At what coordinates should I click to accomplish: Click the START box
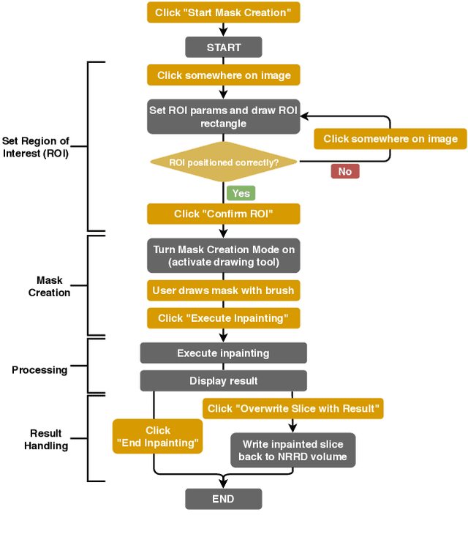click(x=223, y=48)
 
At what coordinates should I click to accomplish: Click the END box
click(x=223, y=499)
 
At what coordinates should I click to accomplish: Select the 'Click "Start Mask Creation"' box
click(x=223, y=12)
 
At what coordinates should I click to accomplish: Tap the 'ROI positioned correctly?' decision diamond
click(x=223, y=162)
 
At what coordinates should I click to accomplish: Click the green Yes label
click(x=241, y=193)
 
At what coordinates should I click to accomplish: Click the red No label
click(x=344, y=171)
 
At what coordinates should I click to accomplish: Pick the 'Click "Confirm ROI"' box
click(x=223, y=214)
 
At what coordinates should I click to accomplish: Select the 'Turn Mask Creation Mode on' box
click(x=223, y=256)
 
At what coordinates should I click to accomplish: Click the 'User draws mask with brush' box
click(x=223, y=290)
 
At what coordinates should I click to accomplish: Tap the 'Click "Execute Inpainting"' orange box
click(x=223, y=318)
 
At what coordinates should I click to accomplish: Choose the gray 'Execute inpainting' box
click(x=223, y=353)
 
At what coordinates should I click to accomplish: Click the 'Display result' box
click(x=223, y=381)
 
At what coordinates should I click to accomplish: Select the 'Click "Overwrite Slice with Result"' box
click(x=292, y=408)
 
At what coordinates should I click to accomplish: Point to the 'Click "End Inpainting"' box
click(x=158, y=437)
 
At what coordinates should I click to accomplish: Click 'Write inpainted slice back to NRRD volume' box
click(x=292, y=451)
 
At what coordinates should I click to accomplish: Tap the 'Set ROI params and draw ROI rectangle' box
click(x=223, y=117)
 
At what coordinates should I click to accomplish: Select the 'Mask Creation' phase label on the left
click(x=49, y=286)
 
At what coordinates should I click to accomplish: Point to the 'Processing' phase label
click(x=39, y=370)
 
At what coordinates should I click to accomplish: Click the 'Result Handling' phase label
click(x=45, y=439)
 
